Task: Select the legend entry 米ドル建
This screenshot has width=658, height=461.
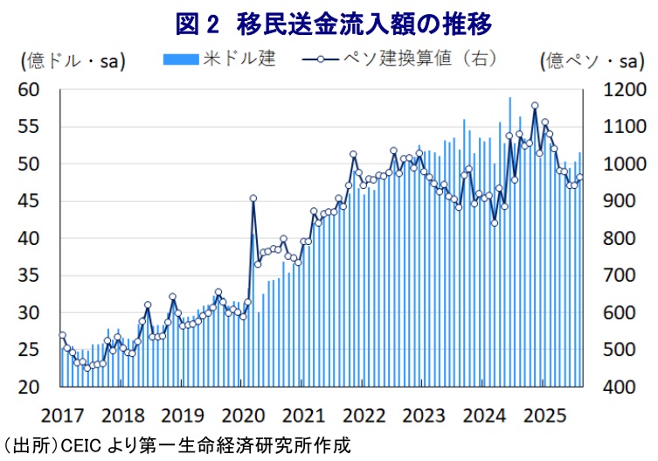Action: click(x=239, y=59)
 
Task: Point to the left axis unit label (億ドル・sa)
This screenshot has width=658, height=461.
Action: click(x=73, y=60)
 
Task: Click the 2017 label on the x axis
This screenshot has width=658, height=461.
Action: click(x=61, y=413)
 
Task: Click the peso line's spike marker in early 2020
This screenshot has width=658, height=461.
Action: click(x=253, y=199)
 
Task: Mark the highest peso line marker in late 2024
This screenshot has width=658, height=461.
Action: click(x=535, y=106)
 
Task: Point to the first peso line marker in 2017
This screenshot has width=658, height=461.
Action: click(x=62, y=335)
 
